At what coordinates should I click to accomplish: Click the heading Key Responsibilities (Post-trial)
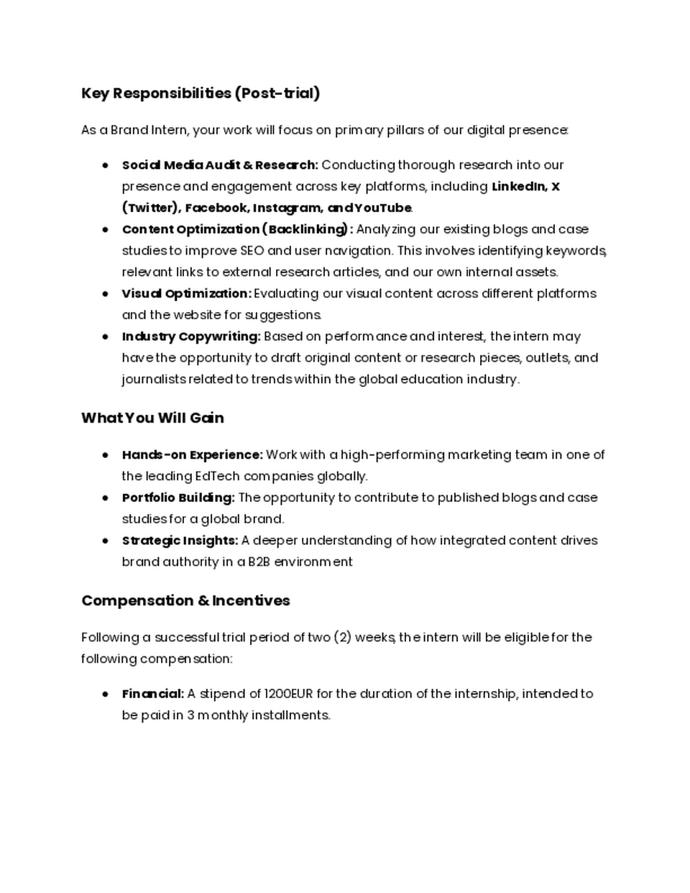coord(201,93)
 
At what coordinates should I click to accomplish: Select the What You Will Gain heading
coord(152,418)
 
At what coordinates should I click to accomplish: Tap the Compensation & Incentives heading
coord(185,600)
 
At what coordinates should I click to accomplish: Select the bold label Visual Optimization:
coord(186,293)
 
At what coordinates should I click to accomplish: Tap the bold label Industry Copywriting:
coord(191,336)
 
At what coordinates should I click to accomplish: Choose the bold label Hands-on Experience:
coord(192,454)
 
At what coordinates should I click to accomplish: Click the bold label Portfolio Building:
coord(178,498)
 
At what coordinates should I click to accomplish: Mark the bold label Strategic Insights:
coord(180,541)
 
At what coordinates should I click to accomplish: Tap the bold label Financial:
coord(153,694)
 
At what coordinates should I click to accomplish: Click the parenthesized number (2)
coord(342,637)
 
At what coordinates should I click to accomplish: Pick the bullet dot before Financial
coord(106,694)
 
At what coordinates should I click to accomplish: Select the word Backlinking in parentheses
coord(307,229)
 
